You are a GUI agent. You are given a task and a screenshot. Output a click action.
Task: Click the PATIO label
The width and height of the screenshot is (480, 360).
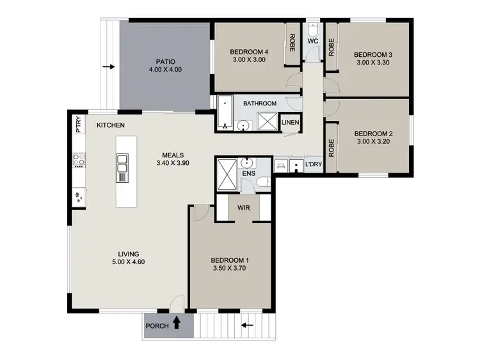coord(165,60)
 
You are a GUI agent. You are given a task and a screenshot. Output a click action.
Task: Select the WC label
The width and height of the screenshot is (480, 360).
coord(313,42)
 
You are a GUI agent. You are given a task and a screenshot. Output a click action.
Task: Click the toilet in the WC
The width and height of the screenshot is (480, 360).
coord(312,30)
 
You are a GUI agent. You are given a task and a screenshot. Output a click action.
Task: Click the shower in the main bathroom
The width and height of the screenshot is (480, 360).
coord(266,121)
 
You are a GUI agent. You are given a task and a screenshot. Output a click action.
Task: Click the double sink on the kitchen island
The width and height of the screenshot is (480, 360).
coord(122,168)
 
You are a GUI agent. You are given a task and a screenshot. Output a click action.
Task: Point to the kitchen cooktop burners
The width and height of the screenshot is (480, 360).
coord(79,159)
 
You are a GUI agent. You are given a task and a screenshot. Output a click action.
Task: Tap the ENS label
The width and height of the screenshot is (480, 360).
coord(248,172)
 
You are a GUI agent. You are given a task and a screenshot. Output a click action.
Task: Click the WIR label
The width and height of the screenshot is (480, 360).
coord(243,208)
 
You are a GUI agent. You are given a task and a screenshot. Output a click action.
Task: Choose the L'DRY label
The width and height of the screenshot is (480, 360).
coord(313,166)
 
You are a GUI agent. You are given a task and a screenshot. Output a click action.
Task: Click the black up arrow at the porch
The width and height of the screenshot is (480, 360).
coord(176,324)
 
